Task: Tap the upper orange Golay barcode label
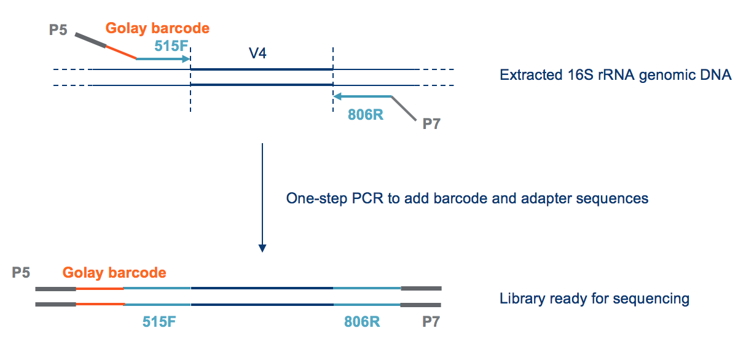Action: point(157,28)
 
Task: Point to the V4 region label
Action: point(257,53)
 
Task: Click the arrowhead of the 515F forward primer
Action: point(187,60)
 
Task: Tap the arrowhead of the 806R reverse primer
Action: point(337,96)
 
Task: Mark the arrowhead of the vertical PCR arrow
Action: point(262,248)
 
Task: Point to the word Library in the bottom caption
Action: point(521,299)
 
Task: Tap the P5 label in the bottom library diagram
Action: point(22,272)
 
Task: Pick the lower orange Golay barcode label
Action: point(114,273)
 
